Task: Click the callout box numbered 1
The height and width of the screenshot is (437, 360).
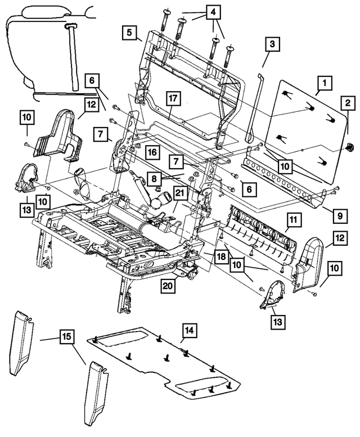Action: point(324,85)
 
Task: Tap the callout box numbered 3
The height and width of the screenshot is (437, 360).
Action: point(271,44)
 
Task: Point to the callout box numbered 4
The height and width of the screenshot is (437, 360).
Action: point(213,12)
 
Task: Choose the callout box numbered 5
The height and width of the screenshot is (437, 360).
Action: point(130,33)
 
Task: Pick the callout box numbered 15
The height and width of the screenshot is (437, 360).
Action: point(66,338)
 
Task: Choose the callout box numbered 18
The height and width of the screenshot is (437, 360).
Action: point(220,256)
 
